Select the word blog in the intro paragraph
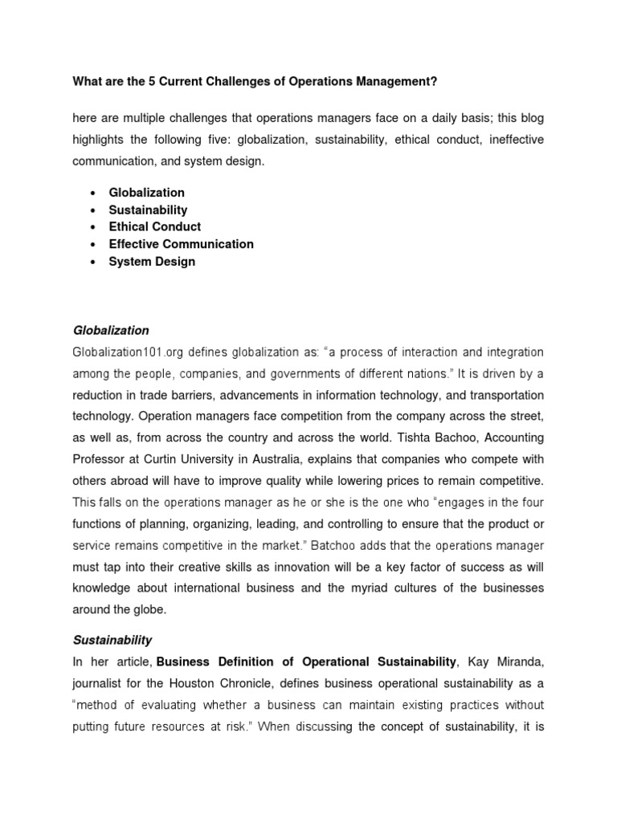point(530,118)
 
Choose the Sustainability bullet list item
point(148,210)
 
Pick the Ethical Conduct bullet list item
point(154,227)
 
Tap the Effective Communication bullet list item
point(181,244)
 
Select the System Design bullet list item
point(152,262)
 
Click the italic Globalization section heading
point(111,330)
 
